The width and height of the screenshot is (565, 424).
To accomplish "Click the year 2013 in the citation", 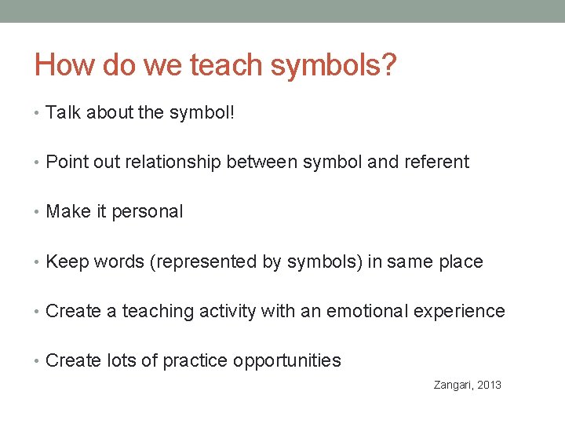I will click(x=488, y=385).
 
